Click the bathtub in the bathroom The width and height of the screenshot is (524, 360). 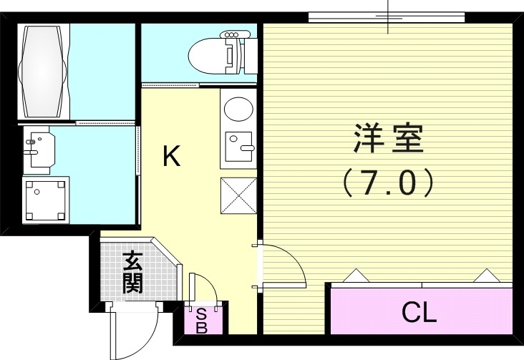(x=44, y=72)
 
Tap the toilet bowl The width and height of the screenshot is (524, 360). (x=208, y=52)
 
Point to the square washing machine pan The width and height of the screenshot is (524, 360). (x=44, y=200)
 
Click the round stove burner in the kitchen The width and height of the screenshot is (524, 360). (x=236, y=110)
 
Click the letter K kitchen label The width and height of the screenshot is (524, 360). (x=170, y=156)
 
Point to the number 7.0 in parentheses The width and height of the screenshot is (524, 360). (x=388, y=183)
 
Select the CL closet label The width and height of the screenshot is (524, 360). (x=419, y=313)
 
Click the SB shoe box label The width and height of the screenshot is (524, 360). (x=201, y=320)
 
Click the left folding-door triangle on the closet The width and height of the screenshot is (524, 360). (x=356, y=276)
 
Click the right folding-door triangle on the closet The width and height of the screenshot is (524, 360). (x=486, y=276)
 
